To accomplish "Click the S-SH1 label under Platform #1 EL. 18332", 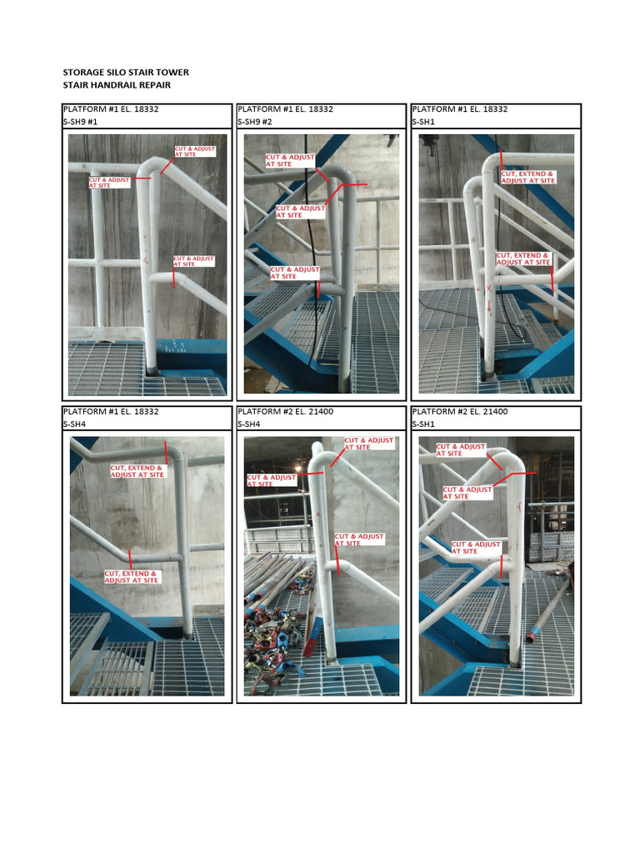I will [425, 122].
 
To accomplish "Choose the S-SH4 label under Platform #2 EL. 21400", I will [251, 424].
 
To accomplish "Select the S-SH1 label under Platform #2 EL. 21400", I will [425, 424].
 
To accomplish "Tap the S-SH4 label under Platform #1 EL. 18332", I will [76, 424].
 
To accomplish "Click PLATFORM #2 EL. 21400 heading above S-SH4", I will [285, 412].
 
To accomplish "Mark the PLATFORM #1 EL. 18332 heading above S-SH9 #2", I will [285, 109].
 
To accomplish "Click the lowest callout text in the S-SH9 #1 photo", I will [194, 261].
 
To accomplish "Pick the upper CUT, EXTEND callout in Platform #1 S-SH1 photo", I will [527, 177].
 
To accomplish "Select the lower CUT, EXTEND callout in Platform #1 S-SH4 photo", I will [132, 576].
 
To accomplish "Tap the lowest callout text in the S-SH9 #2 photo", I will [295, 273].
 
